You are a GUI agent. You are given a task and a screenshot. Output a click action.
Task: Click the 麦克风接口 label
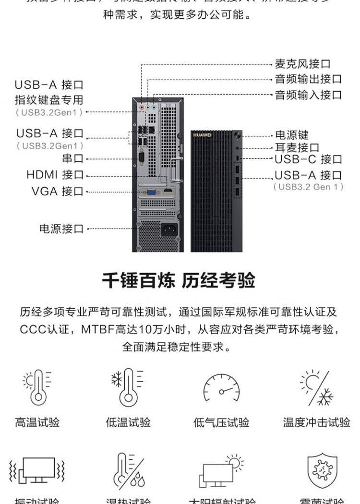pyautogui.click(x=302, y=64)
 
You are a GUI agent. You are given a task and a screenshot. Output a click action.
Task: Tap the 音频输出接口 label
pyautogui.click(x=308, y=79)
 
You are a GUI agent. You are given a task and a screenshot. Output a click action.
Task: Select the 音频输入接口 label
pyautogui.click(x=308, y=95)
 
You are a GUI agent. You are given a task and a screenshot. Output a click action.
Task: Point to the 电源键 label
pyautogui.click(x=291, y=135)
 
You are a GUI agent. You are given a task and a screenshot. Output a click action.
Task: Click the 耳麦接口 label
pyautogui.click(x=297, y=147)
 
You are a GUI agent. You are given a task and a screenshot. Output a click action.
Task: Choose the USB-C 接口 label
pyautogui.click(x=308, y=159)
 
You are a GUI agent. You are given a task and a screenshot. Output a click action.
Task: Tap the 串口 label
pyautogui.click(x=72, y=158)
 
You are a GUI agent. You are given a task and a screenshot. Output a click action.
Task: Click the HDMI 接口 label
pyautogui.click(x=55, y=175)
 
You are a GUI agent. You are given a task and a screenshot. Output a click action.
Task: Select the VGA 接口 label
pyautogui.click(x=57, y=191)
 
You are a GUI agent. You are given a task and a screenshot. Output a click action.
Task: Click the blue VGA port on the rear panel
pyautogui.click(x=150, y=192)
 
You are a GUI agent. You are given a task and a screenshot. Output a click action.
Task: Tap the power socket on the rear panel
pyautogui.click(x=171, y=228)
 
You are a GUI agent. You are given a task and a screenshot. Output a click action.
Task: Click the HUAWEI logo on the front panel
pyautogui.click(x=202, y=135)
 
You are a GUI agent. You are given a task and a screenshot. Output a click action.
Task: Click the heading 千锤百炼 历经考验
pyautogui.click(x=179, y=281)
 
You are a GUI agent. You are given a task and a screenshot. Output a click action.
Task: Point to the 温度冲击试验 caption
pyautogui.click(x=316, y=423)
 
